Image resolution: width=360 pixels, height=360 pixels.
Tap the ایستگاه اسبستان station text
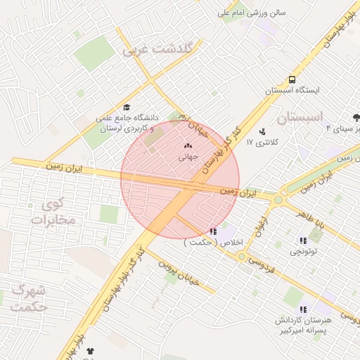(292, 91)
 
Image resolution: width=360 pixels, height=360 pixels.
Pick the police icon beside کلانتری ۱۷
(262, 131)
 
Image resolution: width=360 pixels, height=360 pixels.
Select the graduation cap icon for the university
(127, 107)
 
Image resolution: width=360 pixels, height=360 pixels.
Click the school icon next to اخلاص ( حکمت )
(213, 231)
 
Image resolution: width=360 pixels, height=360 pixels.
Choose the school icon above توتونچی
(303, 240)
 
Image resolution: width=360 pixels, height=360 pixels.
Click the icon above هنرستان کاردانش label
(303, 309)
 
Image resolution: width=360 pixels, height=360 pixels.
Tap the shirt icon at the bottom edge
(89, 350)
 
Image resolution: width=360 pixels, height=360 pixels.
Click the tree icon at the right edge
(356, 117)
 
